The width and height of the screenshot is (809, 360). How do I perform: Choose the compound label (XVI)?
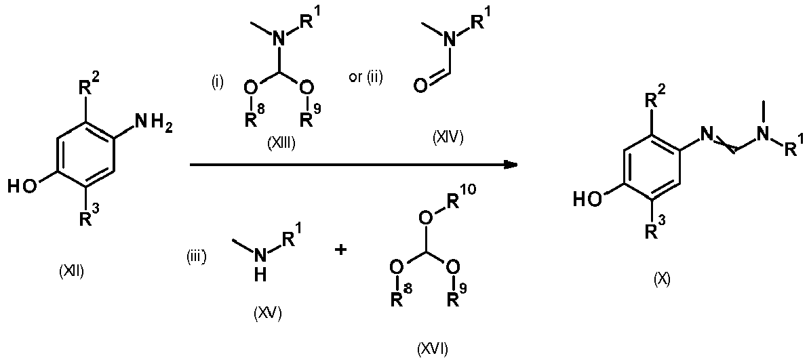pos(433,350)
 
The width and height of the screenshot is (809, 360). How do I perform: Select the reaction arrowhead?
pos(510,165)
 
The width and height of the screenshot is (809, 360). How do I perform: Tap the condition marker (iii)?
pos(197,256)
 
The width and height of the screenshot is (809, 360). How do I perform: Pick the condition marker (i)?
pos(217,82)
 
